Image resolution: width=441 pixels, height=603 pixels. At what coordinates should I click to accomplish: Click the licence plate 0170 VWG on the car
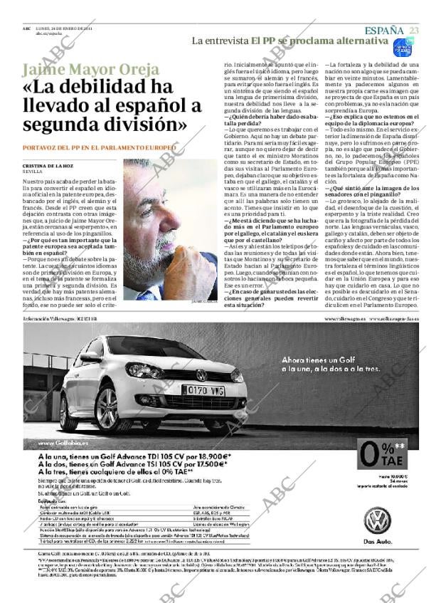pos(205,390)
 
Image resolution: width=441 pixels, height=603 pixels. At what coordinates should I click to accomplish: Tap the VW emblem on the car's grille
pos(201,375)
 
